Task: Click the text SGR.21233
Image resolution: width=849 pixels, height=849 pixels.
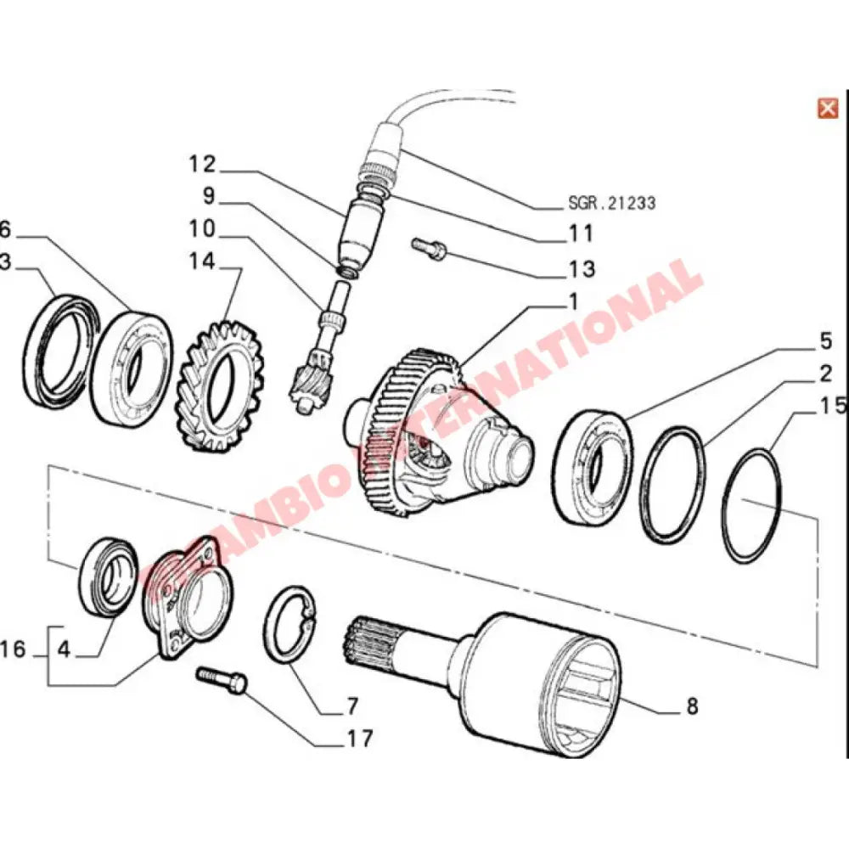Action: [x=611, y=204]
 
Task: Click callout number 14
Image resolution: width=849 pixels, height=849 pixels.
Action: [x=204, y=263]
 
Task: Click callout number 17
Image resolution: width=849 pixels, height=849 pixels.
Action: [x=359, y=739]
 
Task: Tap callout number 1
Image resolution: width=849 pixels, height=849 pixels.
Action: [x=572, y=301]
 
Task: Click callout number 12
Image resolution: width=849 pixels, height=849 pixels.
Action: [x=204, y=163]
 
